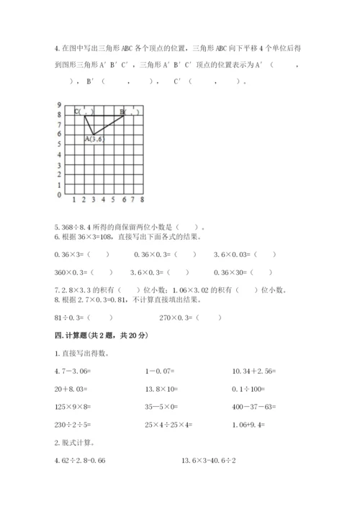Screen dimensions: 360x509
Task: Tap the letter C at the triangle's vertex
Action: [x=77, y=112]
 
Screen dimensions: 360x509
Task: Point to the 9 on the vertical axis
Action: [x=58, y=105]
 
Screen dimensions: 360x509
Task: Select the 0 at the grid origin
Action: [x=58, y=194]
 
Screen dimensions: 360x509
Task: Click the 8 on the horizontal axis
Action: [x=143, y=200]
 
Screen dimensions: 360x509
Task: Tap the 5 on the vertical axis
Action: [x=58, y=145]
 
